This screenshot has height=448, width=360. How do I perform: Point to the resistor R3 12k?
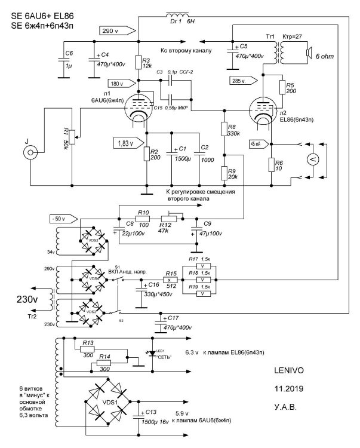click(138, 62)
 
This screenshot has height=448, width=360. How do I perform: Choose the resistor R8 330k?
click(224, 130)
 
